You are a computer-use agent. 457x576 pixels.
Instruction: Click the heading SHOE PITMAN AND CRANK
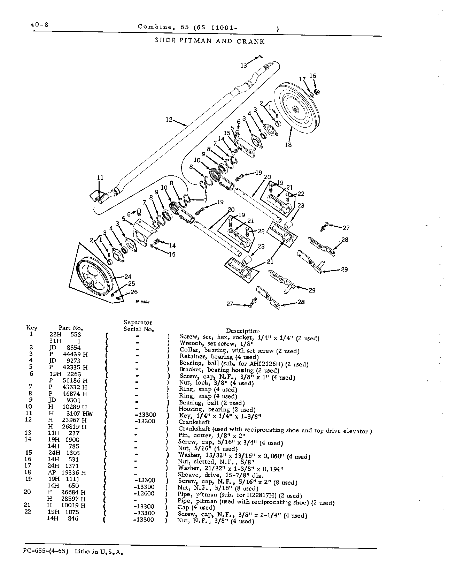pyautogui.click(x=210, y=41)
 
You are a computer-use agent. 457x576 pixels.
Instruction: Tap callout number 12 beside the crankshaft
pyautogui.click(x=169, y=120)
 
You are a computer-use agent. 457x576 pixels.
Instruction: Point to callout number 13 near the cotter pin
pyautogui.click(x=243, y=65)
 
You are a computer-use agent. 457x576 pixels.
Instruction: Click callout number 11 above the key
pyautogui.click(x=100, y=177)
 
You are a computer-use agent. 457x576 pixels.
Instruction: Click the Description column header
pyautogui.click(x=243, y=331)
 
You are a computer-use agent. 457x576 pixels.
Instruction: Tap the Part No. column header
pyautogui.click(x=71, y=328)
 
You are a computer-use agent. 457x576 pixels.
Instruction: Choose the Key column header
pyautogui.click(x=32, y=327)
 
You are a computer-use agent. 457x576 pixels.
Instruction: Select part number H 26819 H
pyautogui.click(x=67, y=426)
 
